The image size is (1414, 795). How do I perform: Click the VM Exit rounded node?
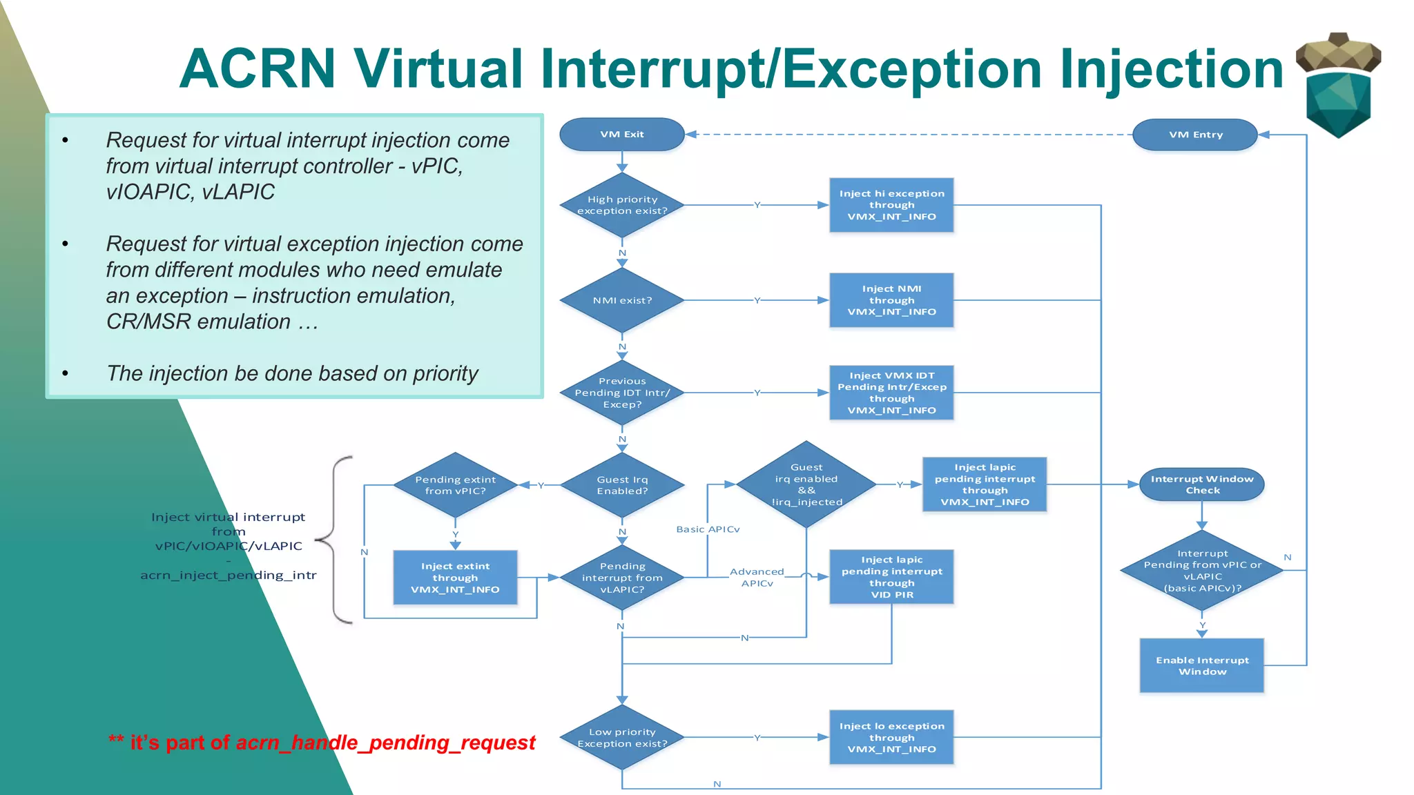click(x=621, y=135)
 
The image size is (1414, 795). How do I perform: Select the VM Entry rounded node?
click(x=1195, y=135)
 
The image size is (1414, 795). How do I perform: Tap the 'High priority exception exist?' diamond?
click(x=621, y=205)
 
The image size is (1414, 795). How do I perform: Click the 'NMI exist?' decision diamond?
click(x=621, y=300)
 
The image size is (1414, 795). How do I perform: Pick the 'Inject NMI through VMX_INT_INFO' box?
click(x=891, y=300)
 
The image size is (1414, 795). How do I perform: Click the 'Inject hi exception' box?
click(x=891, y=205)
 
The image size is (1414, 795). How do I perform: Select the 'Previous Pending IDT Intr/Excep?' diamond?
click(x=621, y=393)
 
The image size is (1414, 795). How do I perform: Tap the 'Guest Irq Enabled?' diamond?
click(x=621, y=485)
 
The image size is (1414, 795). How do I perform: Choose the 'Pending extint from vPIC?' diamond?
click(x=455, y=485)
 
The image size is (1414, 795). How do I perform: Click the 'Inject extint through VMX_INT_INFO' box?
click(x=455, y=578)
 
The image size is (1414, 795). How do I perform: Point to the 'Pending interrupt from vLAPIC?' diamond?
click(x=621, y=578)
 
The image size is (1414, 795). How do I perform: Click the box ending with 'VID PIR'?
click(x=891, y=577)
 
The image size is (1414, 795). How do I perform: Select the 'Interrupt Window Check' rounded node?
click(x=1202, y=484)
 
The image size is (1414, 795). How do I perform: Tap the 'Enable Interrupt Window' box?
click(x=1202, y=665)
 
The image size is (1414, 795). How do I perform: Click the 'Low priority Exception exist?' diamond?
click(x=621, y=738)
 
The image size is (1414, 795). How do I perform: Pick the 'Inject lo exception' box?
click(x=891, y=737)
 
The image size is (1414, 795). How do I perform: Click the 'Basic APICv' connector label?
click(x=708, y=529)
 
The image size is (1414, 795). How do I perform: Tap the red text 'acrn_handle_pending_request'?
click(x=385, y=743)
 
